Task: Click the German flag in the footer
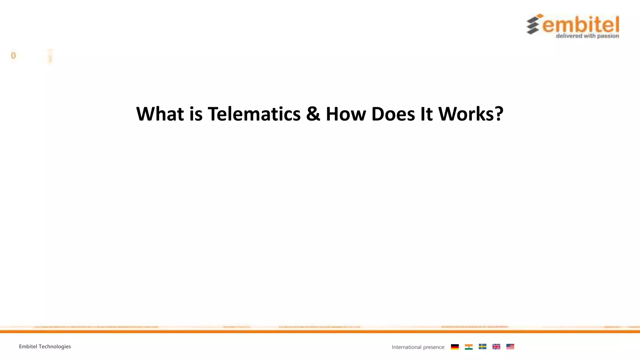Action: pyautogui.click(x=455, y=347)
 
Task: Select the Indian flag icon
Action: pyautogui.click(x=468, y=347)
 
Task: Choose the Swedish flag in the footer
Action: pyautogui.click(x=482, y=347)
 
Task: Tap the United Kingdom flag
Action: pyautogui.click(x=496, y=347)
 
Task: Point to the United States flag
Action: pyautogui.click(x=510, y=347)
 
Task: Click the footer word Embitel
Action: pyautogui.click(x=28, y=347)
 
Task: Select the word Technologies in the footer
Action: pyautogui.click(x=55, y=347)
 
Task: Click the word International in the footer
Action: pyautogui.click(x=407, y=347)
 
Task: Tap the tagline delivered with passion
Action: pyautogui.click(x=587, y=36)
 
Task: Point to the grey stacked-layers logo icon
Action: pyautogui.click(x=534, y=24)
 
